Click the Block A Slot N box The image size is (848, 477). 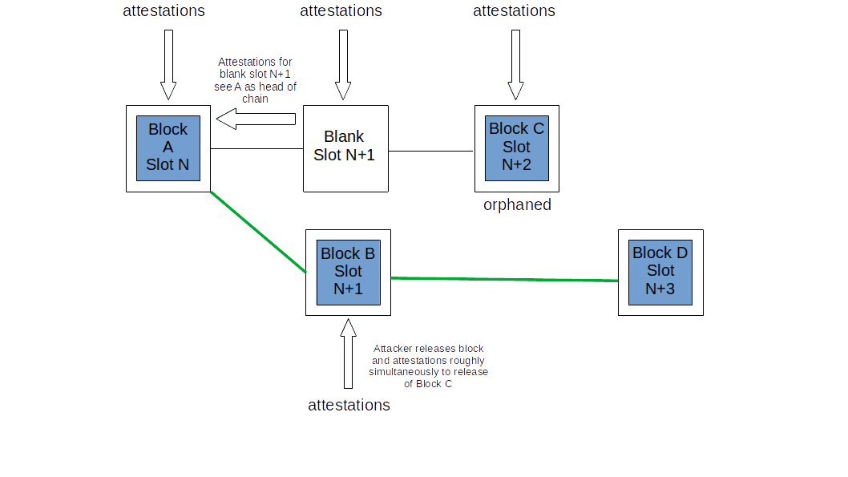coord(168,148)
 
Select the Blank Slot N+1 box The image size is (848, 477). coord(345,148)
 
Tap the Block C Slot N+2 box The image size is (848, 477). coord(516,148)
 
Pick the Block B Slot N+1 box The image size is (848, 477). coord(348,272)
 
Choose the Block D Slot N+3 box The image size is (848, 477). coord(660,272)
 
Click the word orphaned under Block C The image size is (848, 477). coord(517,205)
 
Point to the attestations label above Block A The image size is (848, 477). coord(164,11)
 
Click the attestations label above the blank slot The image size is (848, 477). coord(341,11)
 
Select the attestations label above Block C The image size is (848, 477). coord(514,11)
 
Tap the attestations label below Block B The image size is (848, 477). coord(349,406)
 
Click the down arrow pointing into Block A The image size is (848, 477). coord(168,64)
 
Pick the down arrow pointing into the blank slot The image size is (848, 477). coord(343,64)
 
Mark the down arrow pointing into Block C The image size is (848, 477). coord(515,64)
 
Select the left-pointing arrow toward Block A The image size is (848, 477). coord(256,119)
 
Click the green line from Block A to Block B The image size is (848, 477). coord(258,232)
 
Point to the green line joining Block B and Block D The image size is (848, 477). coord(503,280)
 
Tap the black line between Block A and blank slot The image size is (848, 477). coord(256,149)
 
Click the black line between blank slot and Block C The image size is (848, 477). coord(430,151)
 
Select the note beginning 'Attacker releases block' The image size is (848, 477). coord(428,366)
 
